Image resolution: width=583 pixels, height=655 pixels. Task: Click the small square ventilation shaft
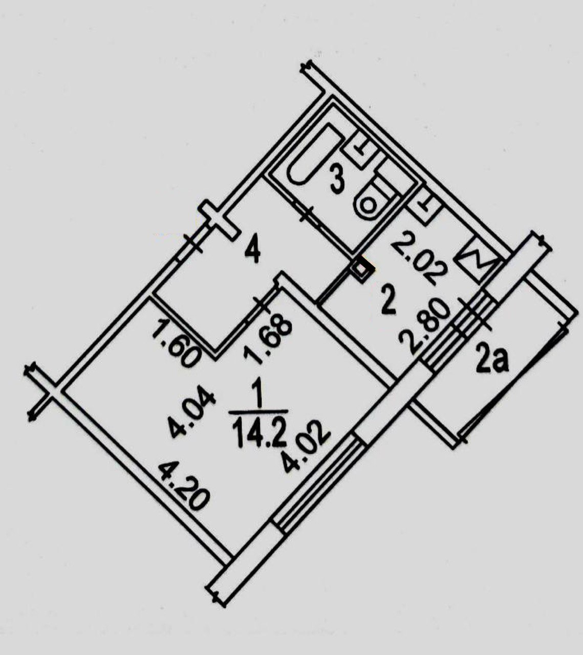(362, 268)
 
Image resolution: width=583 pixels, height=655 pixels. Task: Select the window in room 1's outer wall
(317, 481)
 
